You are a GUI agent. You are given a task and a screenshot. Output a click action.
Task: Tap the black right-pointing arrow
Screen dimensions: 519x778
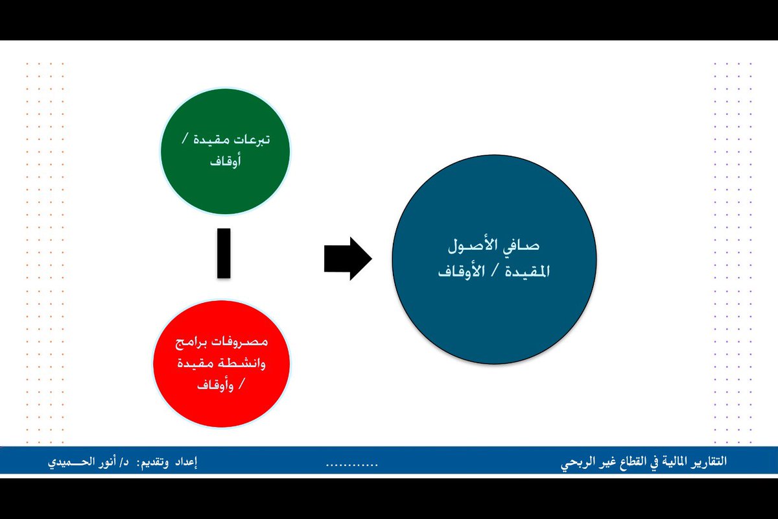(x=348, y=258)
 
